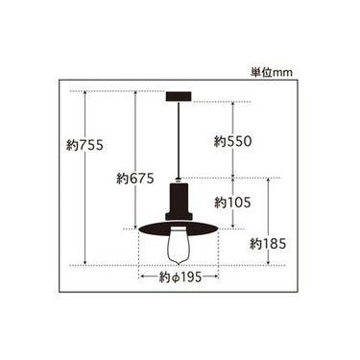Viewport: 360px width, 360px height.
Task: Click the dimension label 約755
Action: point(84,145)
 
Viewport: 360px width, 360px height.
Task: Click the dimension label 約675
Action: point(135,179)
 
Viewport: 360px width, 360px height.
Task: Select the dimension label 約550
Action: point(233,141)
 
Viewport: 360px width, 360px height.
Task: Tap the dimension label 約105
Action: point(232,203)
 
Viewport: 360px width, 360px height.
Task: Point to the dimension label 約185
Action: point(268,245)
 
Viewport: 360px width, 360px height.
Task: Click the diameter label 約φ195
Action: point(180,277)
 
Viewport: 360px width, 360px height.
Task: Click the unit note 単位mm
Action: point(272,73)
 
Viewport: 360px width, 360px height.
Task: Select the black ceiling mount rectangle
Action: point(179,96)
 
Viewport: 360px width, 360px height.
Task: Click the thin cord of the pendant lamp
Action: point(179,139)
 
